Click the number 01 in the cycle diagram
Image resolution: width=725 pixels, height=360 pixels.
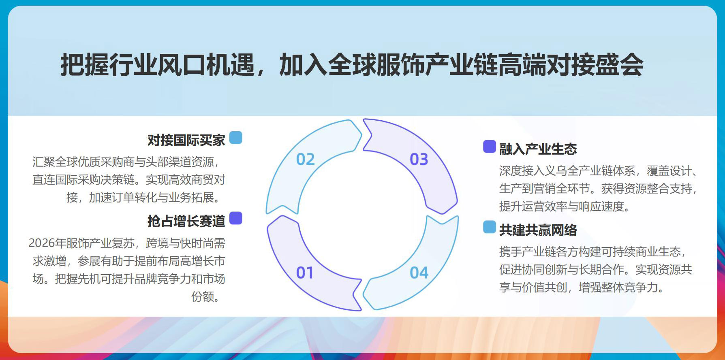(x=305, y=273)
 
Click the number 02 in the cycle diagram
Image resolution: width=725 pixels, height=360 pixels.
(x=305, y=160)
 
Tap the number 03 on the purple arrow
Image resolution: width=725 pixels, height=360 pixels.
(x=419, y=160)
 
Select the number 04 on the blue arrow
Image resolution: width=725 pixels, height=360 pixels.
(x=419, y=273)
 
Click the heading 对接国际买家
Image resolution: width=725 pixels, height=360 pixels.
(x=186, y=140)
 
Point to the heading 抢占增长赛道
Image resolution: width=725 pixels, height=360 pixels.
(x=186, y=221)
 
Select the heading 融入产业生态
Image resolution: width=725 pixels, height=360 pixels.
(x=538, y=149)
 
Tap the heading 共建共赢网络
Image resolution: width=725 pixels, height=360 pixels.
(x=538, y=230)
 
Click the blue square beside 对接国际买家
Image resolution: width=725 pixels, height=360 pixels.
(x=236, y=138)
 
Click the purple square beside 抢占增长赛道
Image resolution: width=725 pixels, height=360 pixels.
(x=236, y=218)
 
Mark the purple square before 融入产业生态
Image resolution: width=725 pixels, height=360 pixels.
(x=490, y=147)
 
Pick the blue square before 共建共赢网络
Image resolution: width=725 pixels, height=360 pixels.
(x=490, y=227)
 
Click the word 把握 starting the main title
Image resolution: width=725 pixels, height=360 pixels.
(x=85, y=65)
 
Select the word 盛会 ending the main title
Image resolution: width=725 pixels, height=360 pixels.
(x=619, y=65)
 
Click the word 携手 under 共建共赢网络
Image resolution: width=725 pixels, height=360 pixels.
(x=510, y=252)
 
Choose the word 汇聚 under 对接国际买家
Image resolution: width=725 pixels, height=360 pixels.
(x=43, y=162)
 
